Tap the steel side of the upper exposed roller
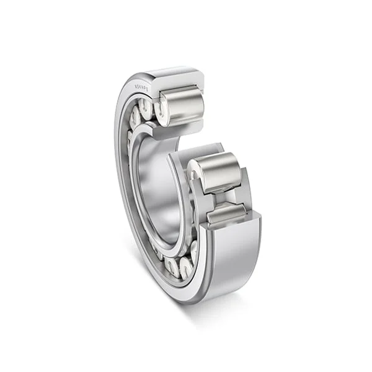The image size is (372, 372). click(184, 106)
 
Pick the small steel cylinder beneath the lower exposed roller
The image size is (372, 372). click(226, 216)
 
